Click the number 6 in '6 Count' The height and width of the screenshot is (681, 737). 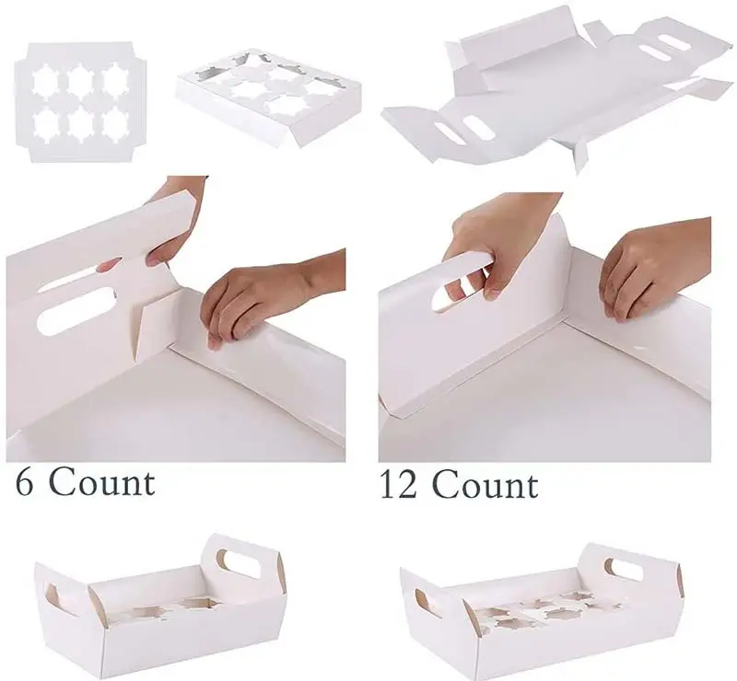pyautogui.click(x=25, y=481)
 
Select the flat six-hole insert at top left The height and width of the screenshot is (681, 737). pyautogui.click(x=80, y=102)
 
